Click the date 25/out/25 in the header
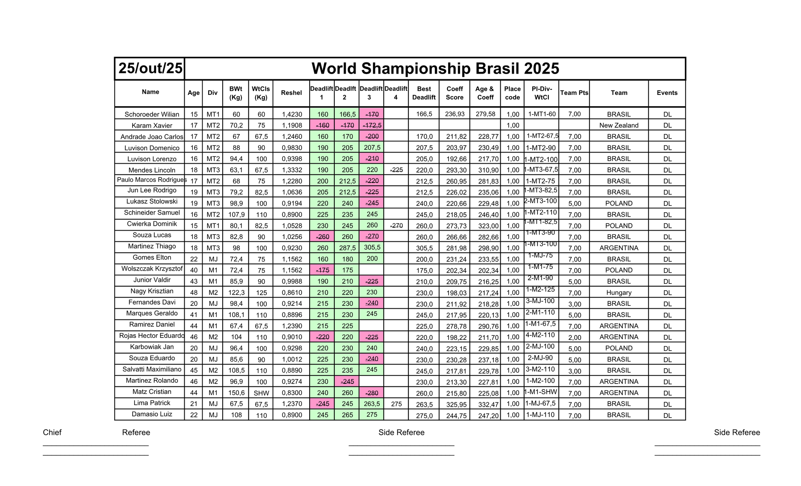click(x=151, y=68)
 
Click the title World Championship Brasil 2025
click(x=435, y=68)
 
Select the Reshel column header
click(x=291, y=93)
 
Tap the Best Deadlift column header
click(x=424, y=93)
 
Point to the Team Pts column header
click(x=574, y=93)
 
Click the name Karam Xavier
click(x=152, y=126)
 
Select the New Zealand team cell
click(x=619, y=125)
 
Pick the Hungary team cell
click(x=619, y=293)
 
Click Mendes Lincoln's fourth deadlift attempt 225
click(x=396, y=170)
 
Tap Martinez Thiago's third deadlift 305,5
click(x=372, y=247)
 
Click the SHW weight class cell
click(x=261, y=393)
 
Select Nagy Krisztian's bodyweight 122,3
click(x=236, y=293)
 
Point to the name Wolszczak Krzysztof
click(x=152, y=269)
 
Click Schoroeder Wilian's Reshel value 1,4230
click(x=292, y=114)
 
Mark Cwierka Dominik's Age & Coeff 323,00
click(x=485, y=226)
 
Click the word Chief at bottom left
click(x=52, y=432)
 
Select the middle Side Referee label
click(x=401, y=432)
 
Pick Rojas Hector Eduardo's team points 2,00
click(x=574, y=337)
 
